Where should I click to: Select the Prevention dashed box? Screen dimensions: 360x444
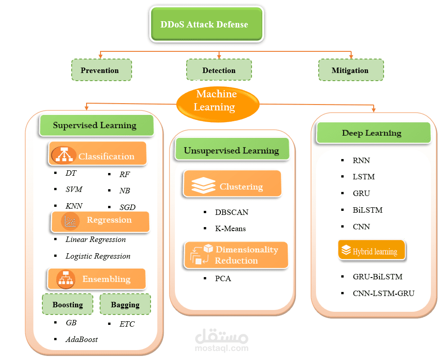click(x=101, y=70)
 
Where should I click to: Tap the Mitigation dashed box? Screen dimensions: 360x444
click(x=350, y=70)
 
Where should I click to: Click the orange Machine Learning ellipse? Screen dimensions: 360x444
click(x=218, y=101)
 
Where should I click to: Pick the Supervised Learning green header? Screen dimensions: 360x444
click(x=96, y=125)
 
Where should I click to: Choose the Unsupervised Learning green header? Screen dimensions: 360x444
click(x=231, y=151)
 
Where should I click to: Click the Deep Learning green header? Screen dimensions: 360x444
click(x=372, y=133)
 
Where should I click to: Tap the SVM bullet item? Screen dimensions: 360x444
click(x=74, y=190)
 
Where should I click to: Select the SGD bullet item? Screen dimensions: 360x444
click(x=128, y=207)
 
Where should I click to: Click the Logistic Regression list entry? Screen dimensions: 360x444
click(x=98, y=256)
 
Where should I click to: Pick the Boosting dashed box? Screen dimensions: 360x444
click(x=68, y=305)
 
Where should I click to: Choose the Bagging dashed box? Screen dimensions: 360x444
click(x=125, y=305)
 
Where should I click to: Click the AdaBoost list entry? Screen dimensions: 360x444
click(x=82, y=339)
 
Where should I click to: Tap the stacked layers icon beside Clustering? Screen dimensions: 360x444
click(x=201, y=185)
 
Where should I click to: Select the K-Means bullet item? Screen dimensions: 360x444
click(x=230, y=228)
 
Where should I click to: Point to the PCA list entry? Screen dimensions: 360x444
click(x=223, y=278)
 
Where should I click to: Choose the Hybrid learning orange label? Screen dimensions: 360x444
click(x=371, y=251)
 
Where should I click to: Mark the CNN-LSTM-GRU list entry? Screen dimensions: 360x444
click(x=383, y=293)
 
